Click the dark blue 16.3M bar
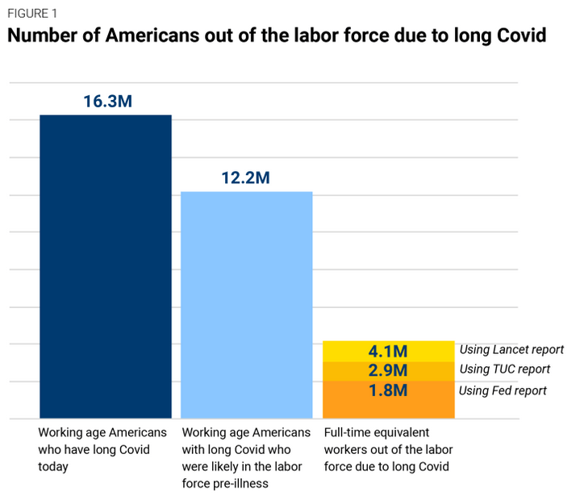click(x=106, y=266)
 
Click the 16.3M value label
click(x=106, y=102)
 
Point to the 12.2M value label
click(x=245, y=178)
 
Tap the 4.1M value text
click(x=388, y=352)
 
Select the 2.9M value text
click(x=388, y=371)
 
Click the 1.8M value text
click(x=388, y=391)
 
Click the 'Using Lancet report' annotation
click(x=511, y=350)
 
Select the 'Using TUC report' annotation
click(x=504, y=369)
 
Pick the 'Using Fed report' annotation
click(x=503, y=391)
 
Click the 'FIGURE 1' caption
click(x=33, y=14)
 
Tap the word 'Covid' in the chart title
click(x=516, y=36)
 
